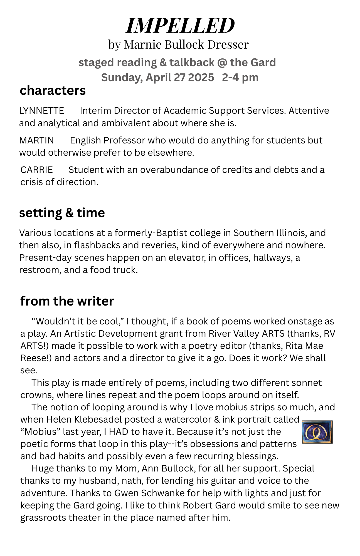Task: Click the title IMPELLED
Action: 180,26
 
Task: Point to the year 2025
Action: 201,77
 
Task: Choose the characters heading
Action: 53,91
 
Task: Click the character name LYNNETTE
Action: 41,111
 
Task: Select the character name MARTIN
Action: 36,140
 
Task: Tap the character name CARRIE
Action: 36,170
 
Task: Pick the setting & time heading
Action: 62,213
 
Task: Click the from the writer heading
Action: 67,301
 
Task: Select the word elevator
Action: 184,258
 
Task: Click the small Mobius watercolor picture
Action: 317,432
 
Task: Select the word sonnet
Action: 306,383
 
